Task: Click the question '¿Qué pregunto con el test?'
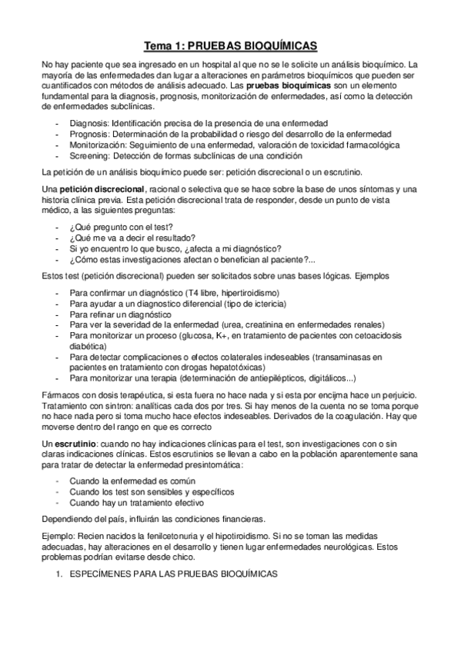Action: click(x=122, y=227)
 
